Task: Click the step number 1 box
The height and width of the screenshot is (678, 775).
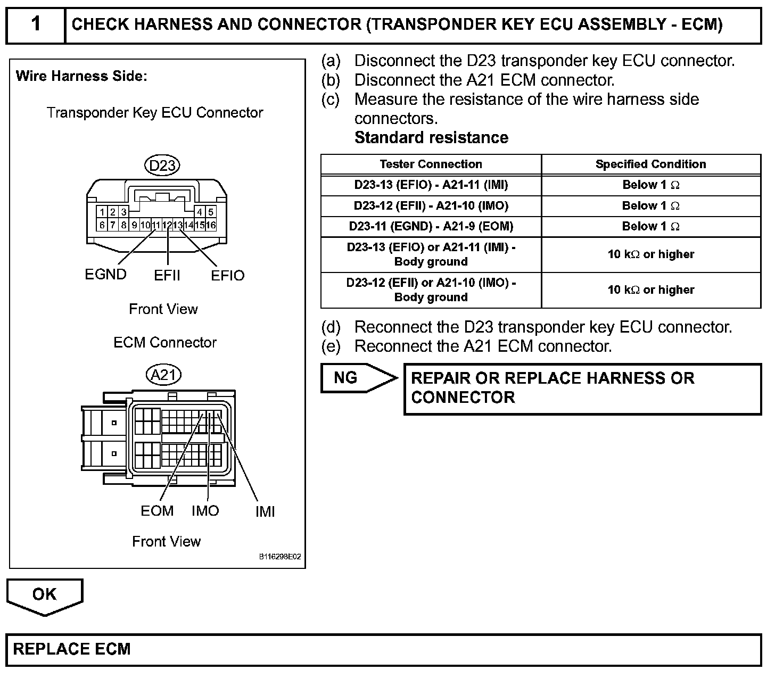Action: point(36,24)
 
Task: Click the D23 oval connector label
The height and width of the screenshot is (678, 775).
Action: point(162,166)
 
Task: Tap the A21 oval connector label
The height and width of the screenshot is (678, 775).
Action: point(163,375)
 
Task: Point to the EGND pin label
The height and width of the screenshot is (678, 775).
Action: point(105,275)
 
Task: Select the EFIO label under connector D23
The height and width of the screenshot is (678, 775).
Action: point(227,276)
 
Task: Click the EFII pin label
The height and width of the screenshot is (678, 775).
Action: point(167,276)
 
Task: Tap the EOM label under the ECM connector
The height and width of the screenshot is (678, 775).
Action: point(157,511)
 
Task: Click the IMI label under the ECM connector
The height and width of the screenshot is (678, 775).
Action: point(265,512)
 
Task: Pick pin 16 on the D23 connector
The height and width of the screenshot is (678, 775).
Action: point(211,225)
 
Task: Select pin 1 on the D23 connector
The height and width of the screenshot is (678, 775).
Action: point(102,212)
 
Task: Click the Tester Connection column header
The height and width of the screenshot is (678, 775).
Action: point(431,164)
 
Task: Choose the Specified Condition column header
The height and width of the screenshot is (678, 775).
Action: point(650,164)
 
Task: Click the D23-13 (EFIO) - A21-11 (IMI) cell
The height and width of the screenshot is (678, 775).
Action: point(431,185)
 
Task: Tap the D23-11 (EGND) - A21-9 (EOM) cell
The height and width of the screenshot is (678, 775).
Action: point(431,227)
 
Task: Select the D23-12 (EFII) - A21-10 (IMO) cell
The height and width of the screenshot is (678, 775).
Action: point(431,206)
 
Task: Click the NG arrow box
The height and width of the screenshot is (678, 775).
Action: point(354,378)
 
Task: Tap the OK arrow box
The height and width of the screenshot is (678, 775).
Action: point(45,595)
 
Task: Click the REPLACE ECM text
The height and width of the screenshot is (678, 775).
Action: point(72,649)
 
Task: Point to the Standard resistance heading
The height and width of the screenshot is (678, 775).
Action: point(431,138)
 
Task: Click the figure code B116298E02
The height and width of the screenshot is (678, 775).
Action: point(280,557)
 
